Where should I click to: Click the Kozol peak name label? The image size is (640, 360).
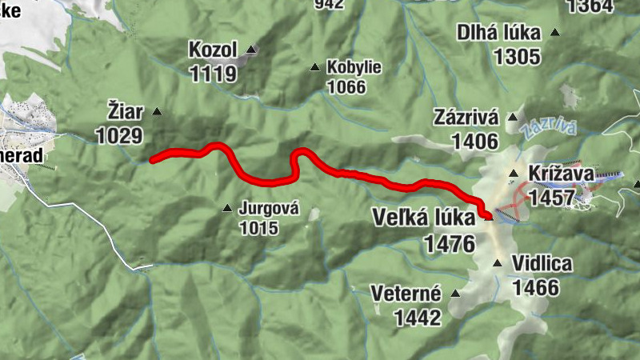(x=213, y=50)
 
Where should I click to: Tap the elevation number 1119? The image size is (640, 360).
(x=213, y=74)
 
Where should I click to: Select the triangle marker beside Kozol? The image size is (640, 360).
(x=250, y=50)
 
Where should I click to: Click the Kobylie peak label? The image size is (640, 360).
(x=354, y=67)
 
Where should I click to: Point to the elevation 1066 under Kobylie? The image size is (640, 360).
(x=346, y=86)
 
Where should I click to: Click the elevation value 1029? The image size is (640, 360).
(x=119, y=135)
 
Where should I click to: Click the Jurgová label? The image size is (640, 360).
(x=268, y=210)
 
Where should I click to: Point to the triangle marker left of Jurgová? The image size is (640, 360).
(x=227, y=209)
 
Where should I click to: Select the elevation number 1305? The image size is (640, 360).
(x=518, y=57)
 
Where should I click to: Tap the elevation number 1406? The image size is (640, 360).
(x=474, y=142)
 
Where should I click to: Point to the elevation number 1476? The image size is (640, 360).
(x=450, y=243)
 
